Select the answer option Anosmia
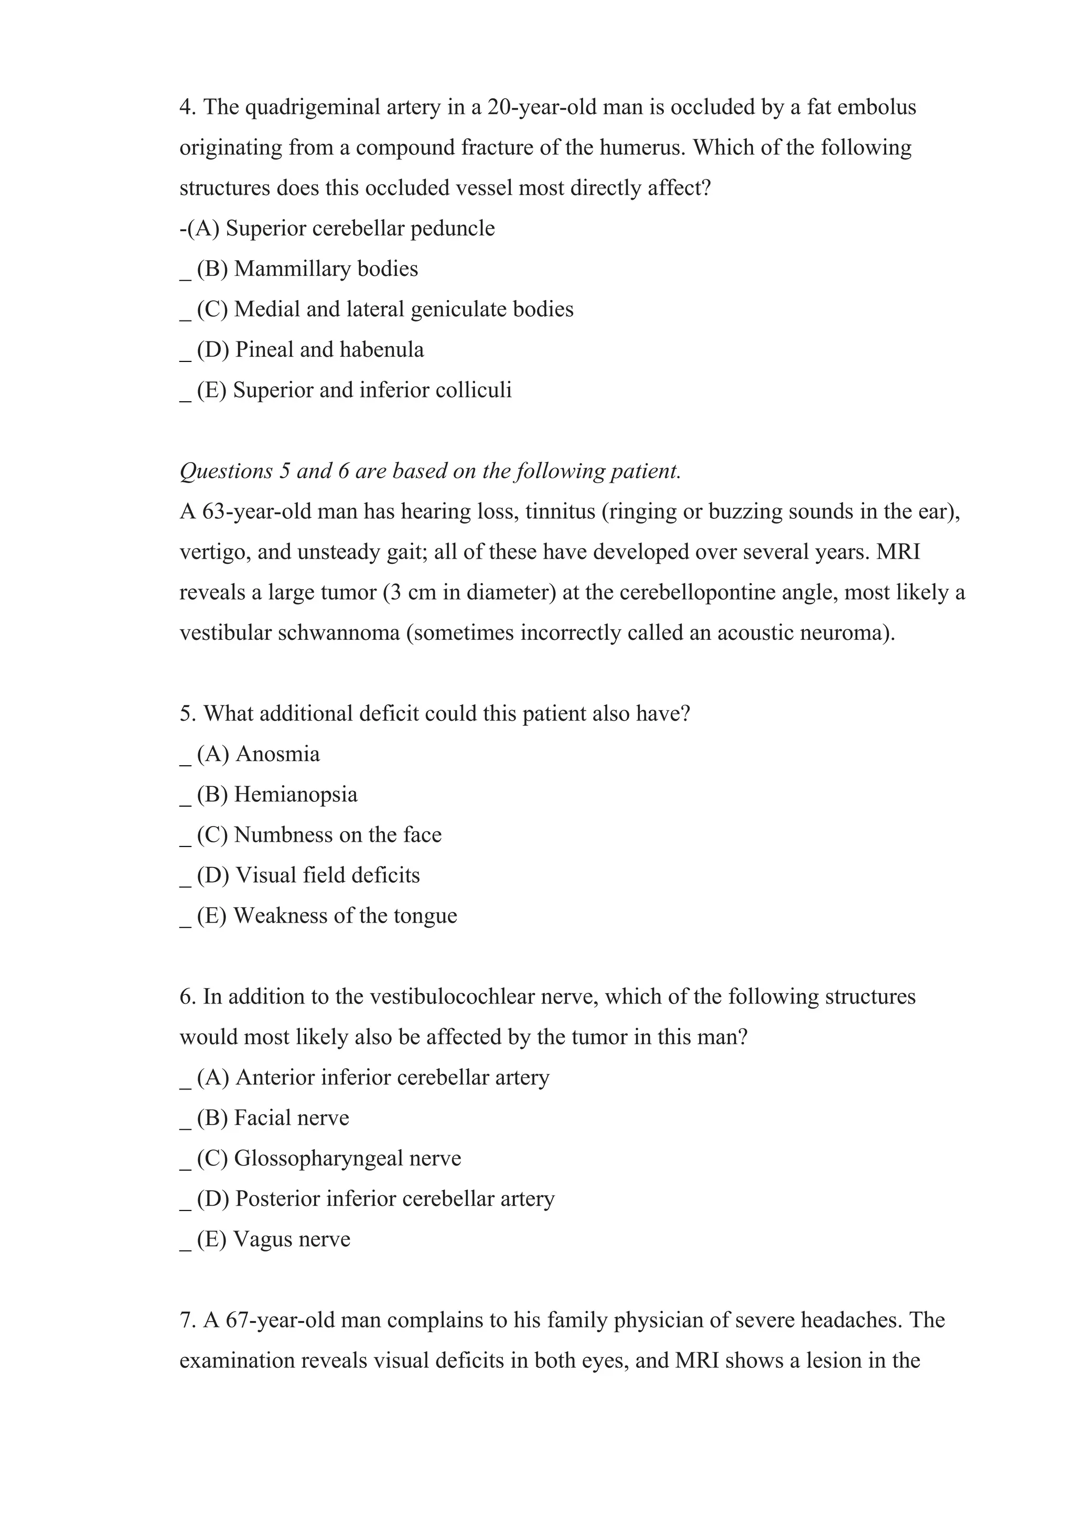click(277, 754)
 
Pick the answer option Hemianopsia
click(295, 795)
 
